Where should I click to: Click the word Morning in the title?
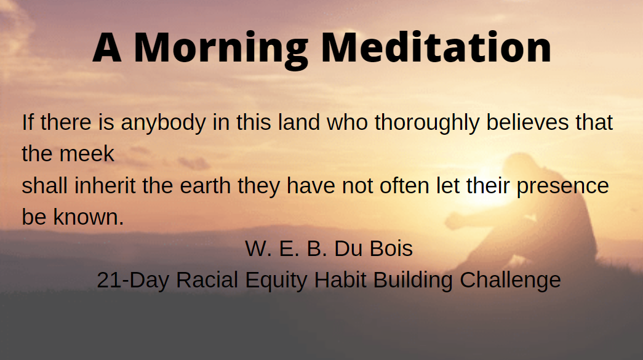(221, 49)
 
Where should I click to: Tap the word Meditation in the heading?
(436, 47)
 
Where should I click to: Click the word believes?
(527, 122)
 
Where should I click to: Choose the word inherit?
(105, 185)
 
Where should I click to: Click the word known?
(88, 217)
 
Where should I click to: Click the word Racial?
(207, 280)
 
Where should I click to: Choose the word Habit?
(340, 280)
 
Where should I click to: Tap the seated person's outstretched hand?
(453, 221)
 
